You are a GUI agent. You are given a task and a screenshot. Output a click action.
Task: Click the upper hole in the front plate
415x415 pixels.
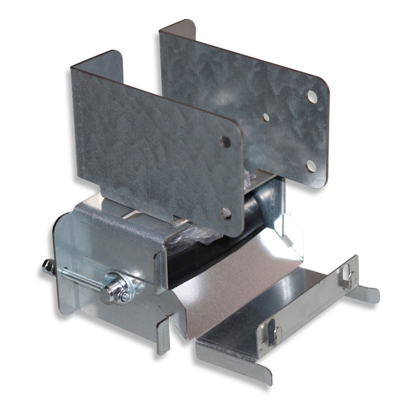[x=225, y=142]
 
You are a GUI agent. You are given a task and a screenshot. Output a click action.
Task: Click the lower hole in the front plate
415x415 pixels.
[x=226, y=212]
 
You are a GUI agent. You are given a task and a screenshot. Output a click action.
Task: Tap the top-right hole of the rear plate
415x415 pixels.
[x=312, y=94]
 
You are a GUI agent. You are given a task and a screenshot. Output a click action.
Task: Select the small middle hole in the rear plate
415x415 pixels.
[x=266, y=117]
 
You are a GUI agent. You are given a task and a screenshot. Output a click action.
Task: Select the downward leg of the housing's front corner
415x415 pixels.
[x=163, y=338]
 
